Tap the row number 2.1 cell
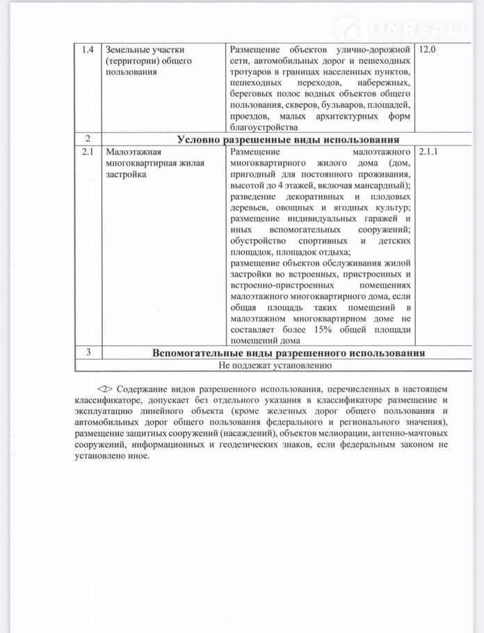[87, 150]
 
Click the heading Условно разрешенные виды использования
[288, 139]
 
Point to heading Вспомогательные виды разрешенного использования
[288, 353]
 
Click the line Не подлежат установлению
[275, 364]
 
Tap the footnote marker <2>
[104, 386]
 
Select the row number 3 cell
[87, 353]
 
